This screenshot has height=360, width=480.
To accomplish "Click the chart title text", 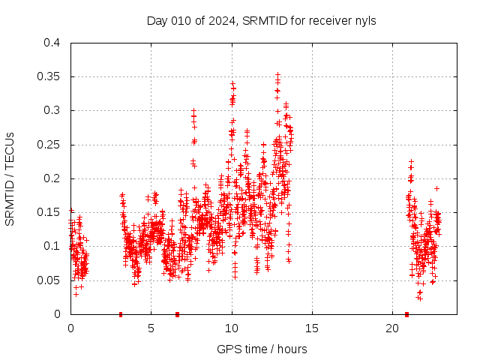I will pyautogui.click(x=261, y=20).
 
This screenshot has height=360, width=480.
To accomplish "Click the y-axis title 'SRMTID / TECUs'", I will pyautogui.click(x=10, y=178).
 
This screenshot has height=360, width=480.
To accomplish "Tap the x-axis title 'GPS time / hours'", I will pyautogui.click(x=262, y=349).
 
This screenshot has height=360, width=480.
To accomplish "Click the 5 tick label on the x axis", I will pyautogui.click(x=151, y=328).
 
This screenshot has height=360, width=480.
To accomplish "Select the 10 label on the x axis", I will pyautogui.click(x=232, y=328).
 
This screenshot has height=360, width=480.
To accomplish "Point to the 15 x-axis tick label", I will pyautogui.click(x=312, y=328).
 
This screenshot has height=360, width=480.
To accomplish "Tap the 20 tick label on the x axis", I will pyautogui.click(x=392, y=328).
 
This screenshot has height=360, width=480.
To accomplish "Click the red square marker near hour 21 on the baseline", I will pyautogui.click(x=406, y=314).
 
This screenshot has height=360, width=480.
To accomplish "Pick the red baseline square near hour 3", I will pyautogui.click(x=121, y=314).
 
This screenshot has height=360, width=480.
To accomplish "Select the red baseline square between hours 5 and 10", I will pyautogui.click(x=177, y=314).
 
